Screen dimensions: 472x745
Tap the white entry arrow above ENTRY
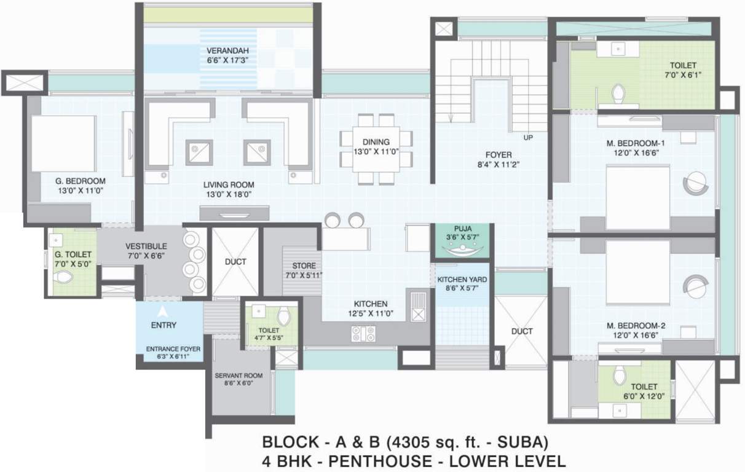[x=162, y=312]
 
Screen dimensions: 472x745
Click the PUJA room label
[x=462, y=227]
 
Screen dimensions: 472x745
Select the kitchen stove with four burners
[x=363, y=334]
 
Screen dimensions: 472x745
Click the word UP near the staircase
[x=527, y=137]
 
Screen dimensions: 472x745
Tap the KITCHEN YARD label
[x=462, y=280]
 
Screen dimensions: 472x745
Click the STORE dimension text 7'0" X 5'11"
[x=304, y=275]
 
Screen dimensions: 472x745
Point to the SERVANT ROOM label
[x=238, y=375]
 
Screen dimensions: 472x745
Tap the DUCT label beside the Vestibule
[x=235, y=262]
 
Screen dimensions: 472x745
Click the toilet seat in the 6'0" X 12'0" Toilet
[x=620, y=374]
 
